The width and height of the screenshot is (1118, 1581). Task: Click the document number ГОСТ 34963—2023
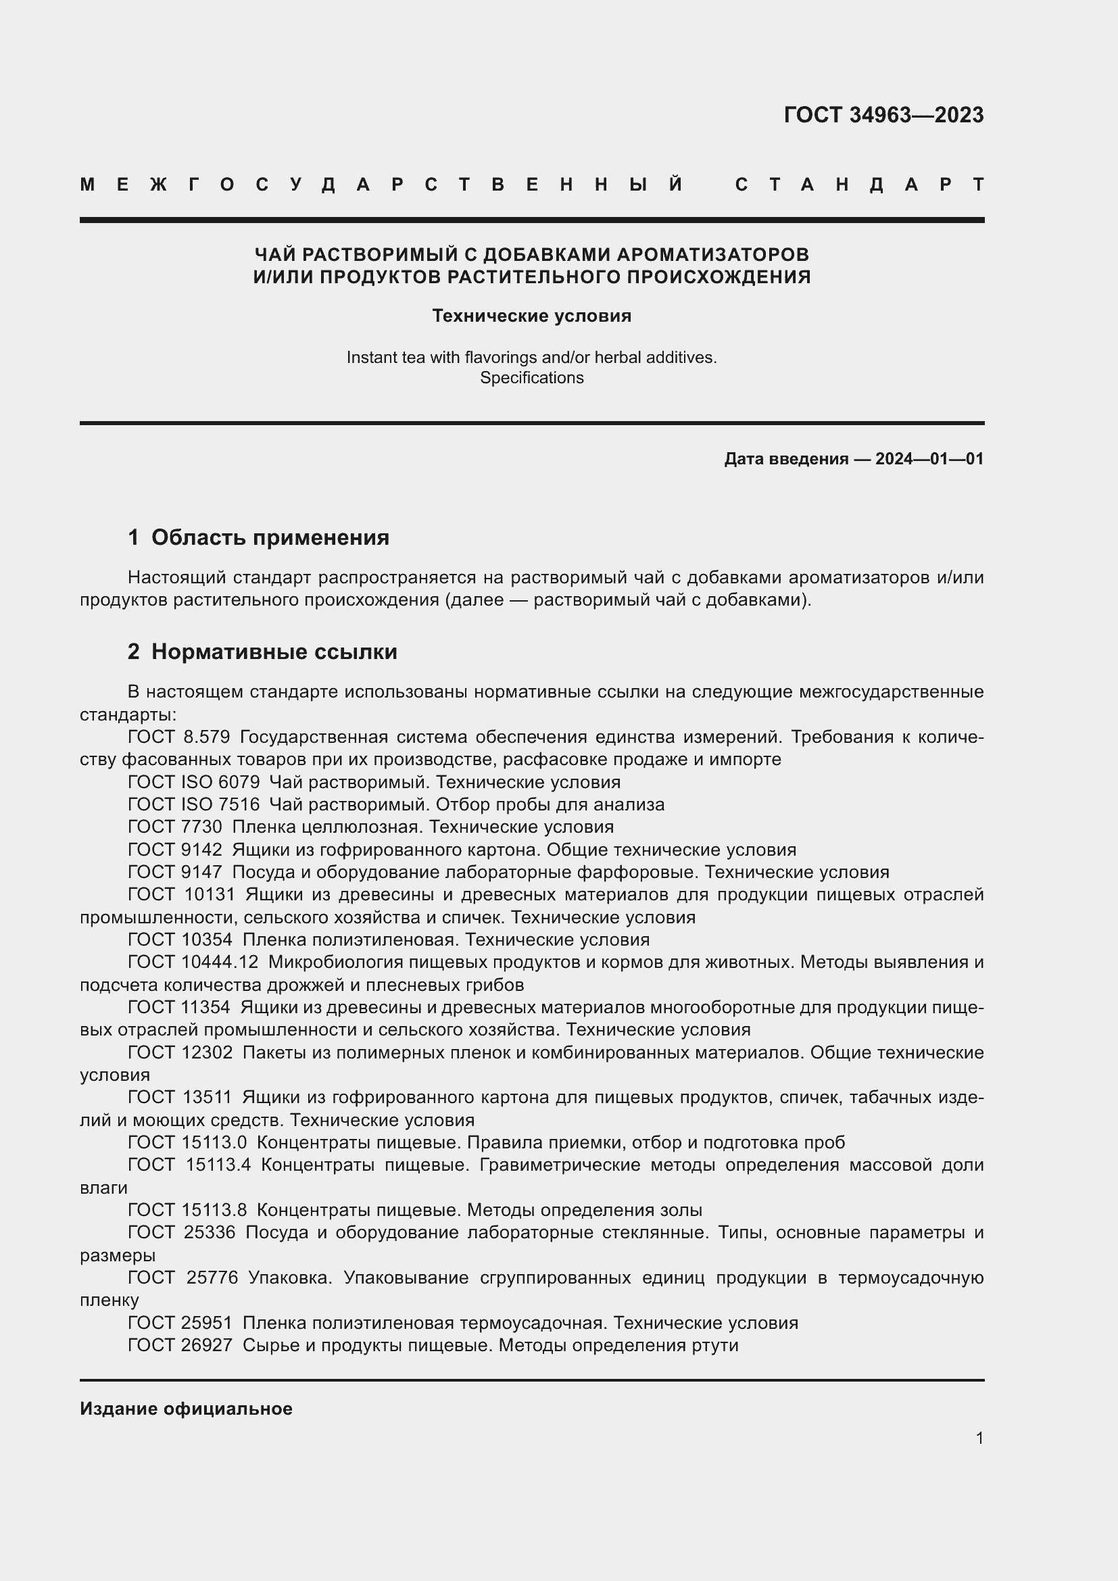883,114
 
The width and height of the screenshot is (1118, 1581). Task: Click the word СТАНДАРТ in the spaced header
860,185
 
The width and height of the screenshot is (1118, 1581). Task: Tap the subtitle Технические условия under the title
531,316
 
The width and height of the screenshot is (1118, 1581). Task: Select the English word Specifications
531,377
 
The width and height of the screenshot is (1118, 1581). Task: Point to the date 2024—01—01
929,458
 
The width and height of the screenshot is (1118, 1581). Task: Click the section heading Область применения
270,537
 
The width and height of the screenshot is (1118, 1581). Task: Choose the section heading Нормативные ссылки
274,652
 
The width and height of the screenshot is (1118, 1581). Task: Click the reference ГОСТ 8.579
178,737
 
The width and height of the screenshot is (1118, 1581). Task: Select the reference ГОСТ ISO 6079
193,782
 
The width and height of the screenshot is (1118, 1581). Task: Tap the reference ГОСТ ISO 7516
193,804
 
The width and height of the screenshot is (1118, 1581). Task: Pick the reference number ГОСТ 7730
175,826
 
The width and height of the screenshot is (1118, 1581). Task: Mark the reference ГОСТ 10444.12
193,962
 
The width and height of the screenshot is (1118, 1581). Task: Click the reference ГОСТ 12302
180,1052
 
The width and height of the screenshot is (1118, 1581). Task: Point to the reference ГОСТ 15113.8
187,1210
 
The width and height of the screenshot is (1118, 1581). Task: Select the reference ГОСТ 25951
180,1323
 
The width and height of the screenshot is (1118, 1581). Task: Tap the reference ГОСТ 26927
180,1345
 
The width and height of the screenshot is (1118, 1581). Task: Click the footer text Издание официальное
186,1409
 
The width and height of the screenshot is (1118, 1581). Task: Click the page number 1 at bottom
979,1438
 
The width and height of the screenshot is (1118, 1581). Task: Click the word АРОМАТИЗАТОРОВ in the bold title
712,255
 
